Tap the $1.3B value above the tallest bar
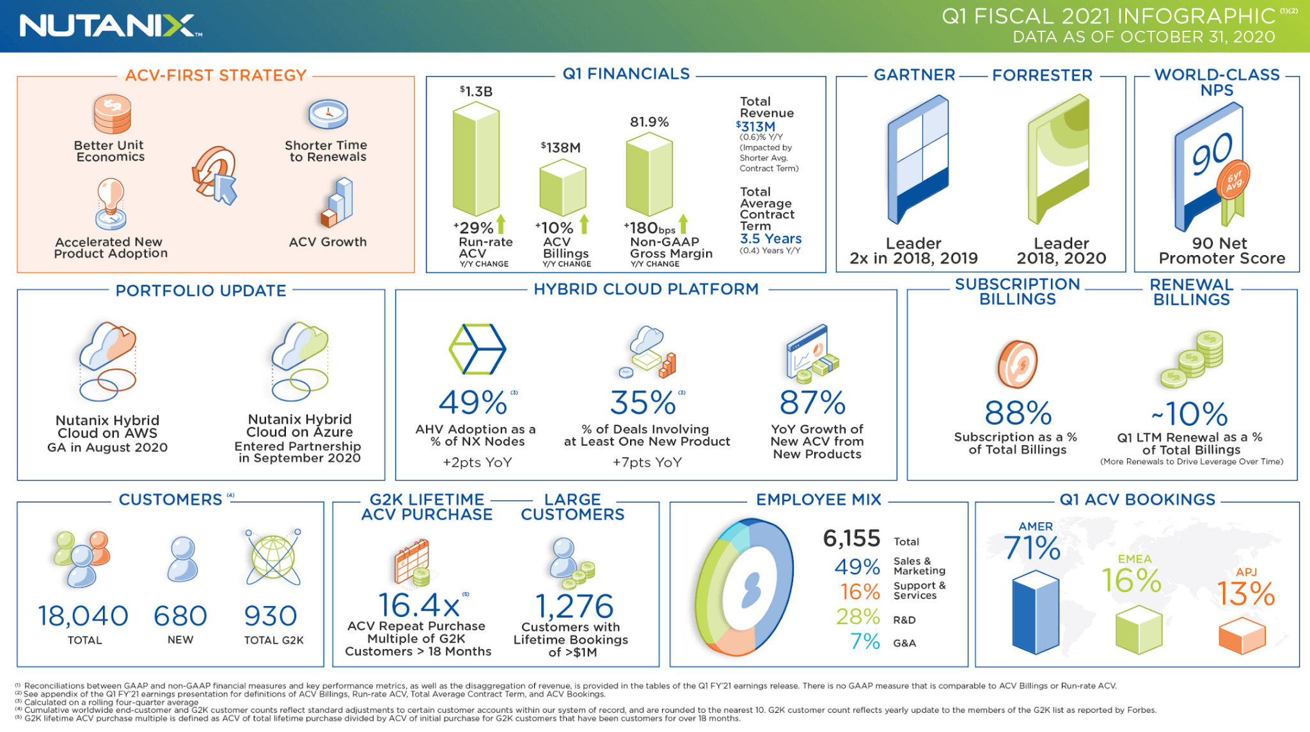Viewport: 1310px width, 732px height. tap(476, 91)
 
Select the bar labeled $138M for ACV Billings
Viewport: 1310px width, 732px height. tap(562, 188)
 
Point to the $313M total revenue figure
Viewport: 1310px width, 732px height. tap(756, 127)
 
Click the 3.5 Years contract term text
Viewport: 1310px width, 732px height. tap(770, 238)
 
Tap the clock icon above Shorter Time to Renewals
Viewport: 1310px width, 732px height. tap(327, 115)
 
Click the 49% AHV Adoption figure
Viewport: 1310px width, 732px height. tap(473, 403)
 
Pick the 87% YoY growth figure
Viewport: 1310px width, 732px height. tap(812, 403)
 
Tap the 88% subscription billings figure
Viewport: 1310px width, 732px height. tap(1018, 413)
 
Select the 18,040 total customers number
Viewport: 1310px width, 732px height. tap(83, 616)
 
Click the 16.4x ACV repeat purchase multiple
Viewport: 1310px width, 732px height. tap(418, 605)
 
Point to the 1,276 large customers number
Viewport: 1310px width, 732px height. tap(574, 606)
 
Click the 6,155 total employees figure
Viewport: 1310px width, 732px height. tap(851, 538)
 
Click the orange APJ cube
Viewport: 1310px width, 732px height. tap(1242, 636)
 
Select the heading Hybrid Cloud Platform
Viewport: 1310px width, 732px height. tap(646, 290)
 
